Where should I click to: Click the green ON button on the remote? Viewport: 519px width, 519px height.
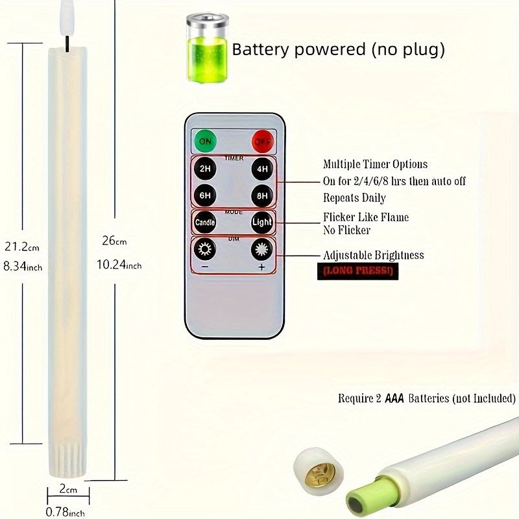(205, 141)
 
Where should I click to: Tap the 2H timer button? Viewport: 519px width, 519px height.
(205, 169)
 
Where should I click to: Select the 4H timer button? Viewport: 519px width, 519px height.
(261, 169)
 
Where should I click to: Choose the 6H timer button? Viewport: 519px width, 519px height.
(205, 194)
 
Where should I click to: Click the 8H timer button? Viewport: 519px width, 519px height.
(261, 194)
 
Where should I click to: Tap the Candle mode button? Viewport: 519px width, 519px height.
(205, 223)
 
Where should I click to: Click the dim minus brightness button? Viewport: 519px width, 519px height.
(205, 250)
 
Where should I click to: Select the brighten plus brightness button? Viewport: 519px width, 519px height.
(261, 250)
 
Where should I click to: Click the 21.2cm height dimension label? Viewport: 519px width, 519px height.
(21, 247)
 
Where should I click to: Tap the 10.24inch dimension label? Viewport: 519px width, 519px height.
(119, 265)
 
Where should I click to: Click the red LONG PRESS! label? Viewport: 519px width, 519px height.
(357, 271)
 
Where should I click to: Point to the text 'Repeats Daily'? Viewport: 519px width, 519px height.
(354, 199)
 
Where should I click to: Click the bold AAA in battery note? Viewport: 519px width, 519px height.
(394, 398)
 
